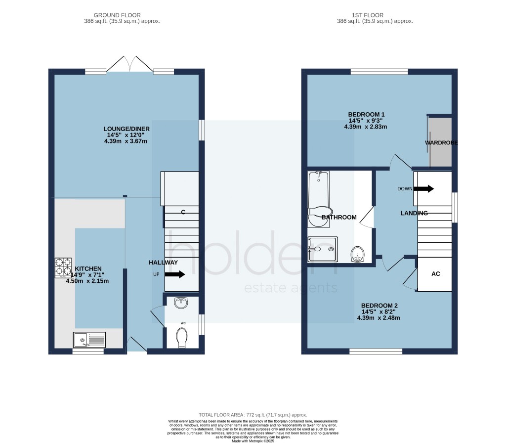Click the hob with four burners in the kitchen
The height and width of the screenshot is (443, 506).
tap(63, 267)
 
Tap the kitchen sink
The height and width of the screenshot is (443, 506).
tap(86, 340)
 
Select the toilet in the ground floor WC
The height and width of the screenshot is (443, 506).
tap(182, 339)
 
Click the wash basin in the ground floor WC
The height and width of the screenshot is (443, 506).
tap(181, 303)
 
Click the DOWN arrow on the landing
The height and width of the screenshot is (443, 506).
tap(423, 189)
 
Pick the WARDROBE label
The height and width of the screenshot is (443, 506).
tap(441, 143)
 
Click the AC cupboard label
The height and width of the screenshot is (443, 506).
tap(435, 273)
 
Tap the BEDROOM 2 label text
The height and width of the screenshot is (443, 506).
tap(379, 306)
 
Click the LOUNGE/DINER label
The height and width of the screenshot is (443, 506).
tap(126, 129)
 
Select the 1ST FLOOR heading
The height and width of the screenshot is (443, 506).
tap(375, 15)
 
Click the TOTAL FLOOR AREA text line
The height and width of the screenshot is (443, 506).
tap(253, 414)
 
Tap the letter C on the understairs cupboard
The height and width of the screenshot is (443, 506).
tap(183, 212)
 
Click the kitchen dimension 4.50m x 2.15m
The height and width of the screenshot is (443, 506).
tap(87, 281)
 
